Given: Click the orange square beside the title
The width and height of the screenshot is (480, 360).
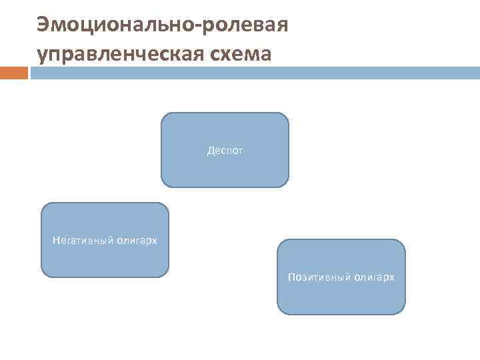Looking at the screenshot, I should pyautogui.click(x=13, y=73).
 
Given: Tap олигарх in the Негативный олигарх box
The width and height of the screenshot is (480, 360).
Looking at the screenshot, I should pyautogui.click(x=137, y=240).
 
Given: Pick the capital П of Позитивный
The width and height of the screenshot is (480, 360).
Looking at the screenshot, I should pyautogui.click(x=291, y=277).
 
